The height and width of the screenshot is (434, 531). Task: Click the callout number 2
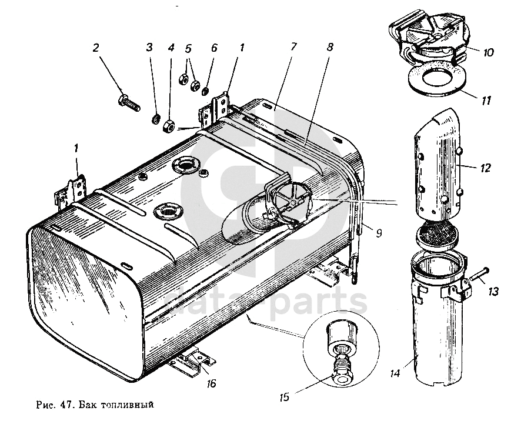[x=95, y=48]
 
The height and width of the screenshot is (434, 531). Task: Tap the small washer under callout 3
[x=156, y=120]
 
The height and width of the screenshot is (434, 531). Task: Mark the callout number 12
[x=485, y=168]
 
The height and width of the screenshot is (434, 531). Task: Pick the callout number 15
[x=284, y=397]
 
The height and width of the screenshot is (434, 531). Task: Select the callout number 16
[x=211, y=384]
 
